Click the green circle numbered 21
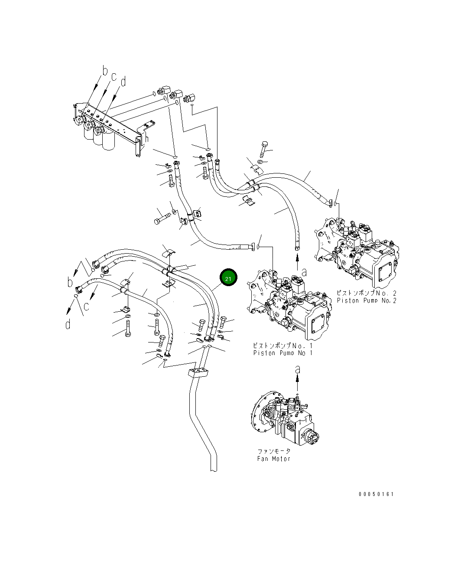pos(228,278)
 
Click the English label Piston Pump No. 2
pos(367,300)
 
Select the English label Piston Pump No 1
pos(282,353)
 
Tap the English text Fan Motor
pos(273,459)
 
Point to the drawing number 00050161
pos(376,494)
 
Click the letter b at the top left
pos(104,70)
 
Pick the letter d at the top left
pos(123,81)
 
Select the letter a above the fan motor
pos(297,370)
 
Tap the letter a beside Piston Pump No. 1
pos(304,272)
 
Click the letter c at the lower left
pos(86,307)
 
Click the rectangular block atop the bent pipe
pos(198,373)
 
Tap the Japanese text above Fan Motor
pos(274,451)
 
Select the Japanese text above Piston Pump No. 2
pos(367,294)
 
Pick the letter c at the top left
pos(114,77)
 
